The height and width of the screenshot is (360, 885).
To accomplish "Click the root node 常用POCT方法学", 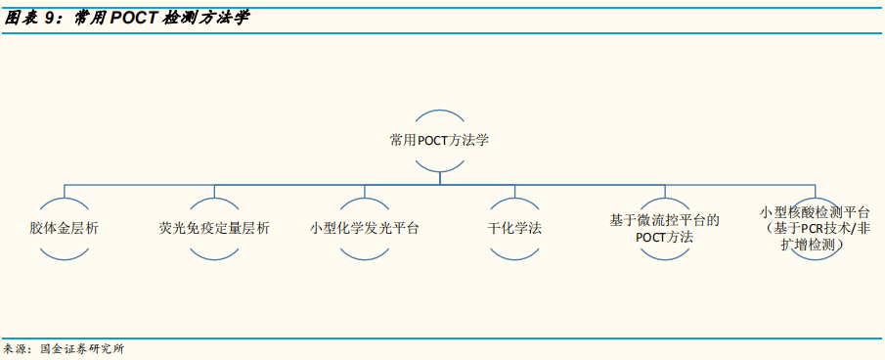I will (x=439, y=140).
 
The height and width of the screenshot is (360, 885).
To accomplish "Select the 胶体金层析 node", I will (x=65, y=227).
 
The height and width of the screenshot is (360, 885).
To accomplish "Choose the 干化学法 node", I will (x=514, y=227).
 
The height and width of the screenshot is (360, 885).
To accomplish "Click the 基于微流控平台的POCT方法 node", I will (x=664, y=228).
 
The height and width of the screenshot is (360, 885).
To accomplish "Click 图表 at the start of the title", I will (x=23, y=18).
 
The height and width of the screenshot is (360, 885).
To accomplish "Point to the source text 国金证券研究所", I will (x=82, y=348).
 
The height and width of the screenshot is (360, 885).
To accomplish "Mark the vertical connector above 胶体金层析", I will (x=65, y=189).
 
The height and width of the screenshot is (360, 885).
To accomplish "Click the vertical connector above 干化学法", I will (x=514, y=189).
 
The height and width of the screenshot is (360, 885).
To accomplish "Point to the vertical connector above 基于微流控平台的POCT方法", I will (x=664, y=189).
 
